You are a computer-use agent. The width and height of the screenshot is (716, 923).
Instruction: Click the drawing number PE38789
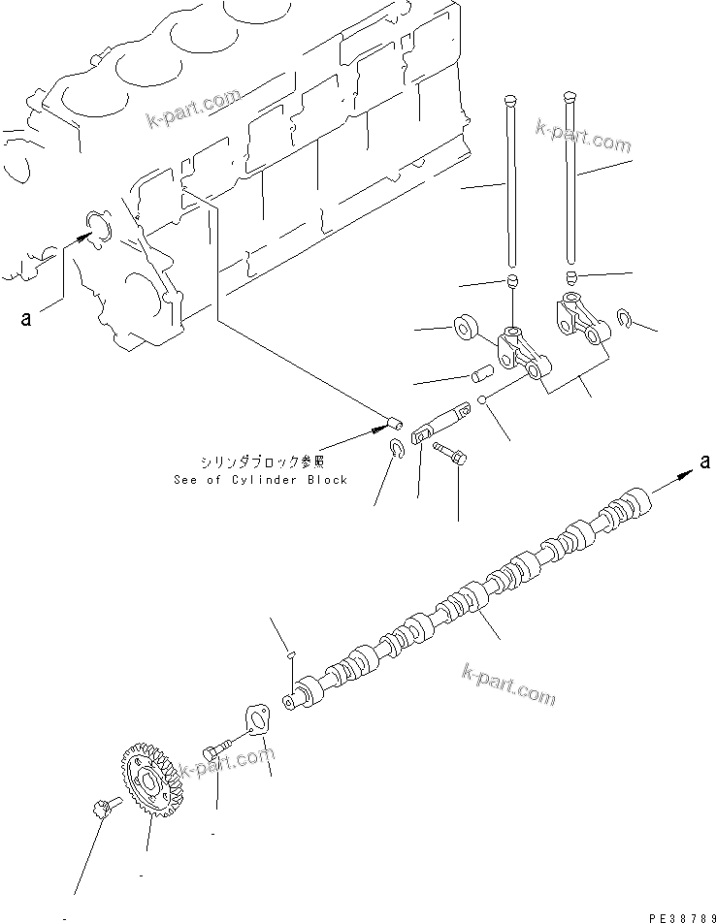pyautogui.click(x=666, y=913)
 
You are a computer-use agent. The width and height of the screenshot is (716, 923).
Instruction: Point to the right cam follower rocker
pyautogui.click(x=578, y=319)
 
